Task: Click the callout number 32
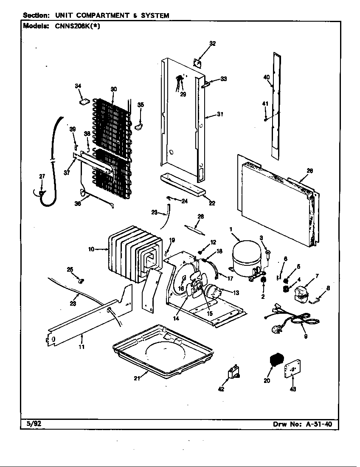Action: (x=212, y=43)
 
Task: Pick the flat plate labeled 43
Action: (x=292, y=371)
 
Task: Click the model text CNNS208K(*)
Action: (x=75, y=25)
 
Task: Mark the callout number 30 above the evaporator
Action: (x=113, y=89)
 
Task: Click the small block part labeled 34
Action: (x=84, y=101)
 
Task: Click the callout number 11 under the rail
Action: (x=81, y=346)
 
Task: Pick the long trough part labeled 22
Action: (x=183, y=184)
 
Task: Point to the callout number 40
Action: (x=266, y=77)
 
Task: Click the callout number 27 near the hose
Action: (x=42, y=177)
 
